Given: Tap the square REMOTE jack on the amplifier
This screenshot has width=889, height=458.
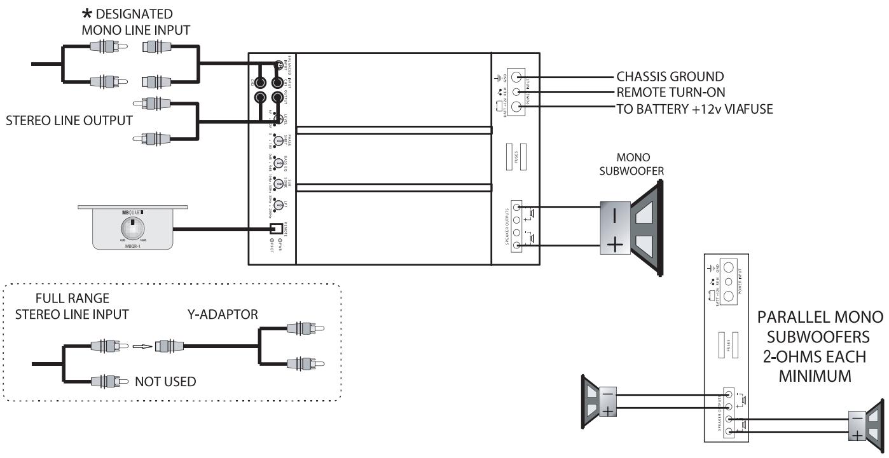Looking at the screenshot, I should pos(275,229).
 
